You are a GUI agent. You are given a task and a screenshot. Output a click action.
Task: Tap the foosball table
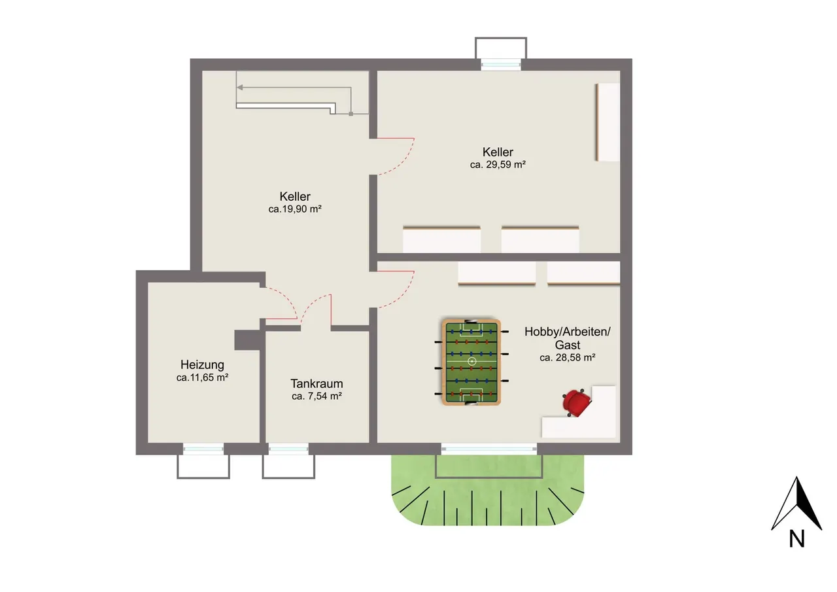coord(471,362)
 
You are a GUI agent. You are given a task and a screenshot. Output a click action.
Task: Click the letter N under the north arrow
coord(796,539)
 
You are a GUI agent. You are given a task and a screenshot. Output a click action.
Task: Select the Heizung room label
coord(202,365)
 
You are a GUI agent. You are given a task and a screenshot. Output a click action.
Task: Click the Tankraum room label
coord(316,383)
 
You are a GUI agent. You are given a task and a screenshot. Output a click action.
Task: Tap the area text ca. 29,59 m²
coord(498,164)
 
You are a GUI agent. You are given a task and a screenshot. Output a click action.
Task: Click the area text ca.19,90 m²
coord(295,209)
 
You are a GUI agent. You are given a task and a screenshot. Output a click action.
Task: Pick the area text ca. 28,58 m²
coord(567,358)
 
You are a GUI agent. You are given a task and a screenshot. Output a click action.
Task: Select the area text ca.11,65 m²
coord(202,377)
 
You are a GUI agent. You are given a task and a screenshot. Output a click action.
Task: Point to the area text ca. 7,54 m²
coord(316,396)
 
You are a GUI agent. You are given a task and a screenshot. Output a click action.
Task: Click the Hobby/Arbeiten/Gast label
coord(567,338)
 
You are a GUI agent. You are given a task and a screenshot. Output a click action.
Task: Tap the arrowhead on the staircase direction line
coord(240,88)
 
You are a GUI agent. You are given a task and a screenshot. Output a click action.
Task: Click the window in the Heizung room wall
coord(203,449)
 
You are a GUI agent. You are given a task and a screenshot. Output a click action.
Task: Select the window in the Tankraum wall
coord(288,449)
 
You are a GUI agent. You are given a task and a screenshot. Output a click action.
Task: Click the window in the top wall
coord(501,65)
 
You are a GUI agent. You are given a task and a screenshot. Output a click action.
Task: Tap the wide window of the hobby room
coord(488,449)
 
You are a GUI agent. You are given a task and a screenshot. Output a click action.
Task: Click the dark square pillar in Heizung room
coord(247,340)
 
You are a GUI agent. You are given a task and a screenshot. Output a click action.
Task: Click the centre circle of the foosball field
coord(471,361)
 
